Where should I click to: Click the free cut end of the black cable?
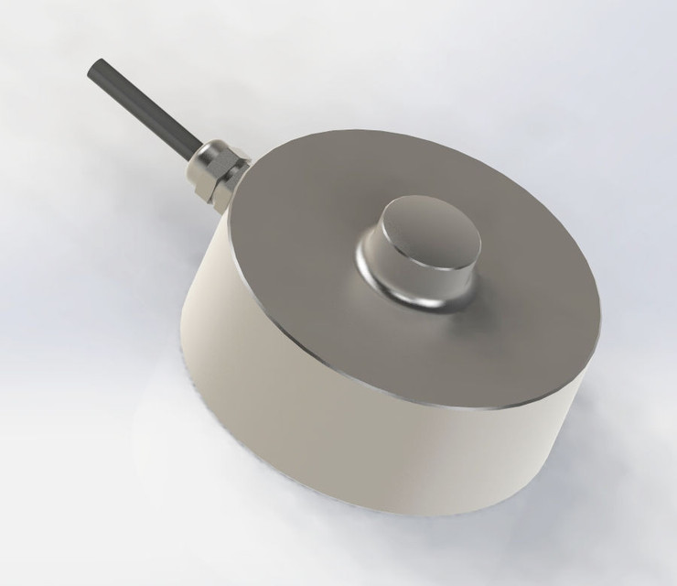coord(94,67)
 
